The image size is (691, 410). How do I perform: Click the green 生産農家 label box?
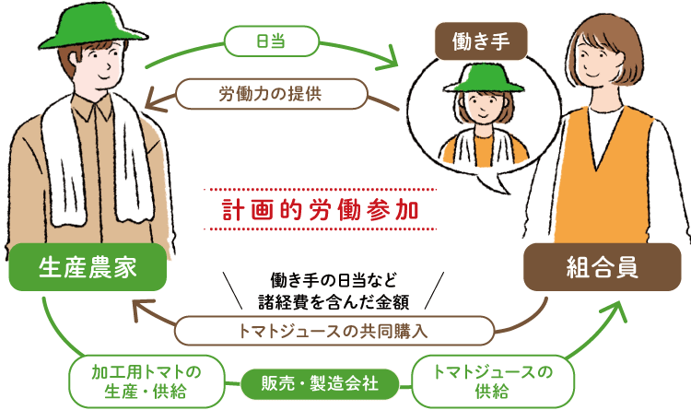(x=88, y=267)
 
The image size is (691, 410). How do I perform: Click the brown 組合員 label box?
(x=602, y=268)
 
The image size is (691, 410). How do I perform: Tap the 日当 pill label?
(x=272, y=41)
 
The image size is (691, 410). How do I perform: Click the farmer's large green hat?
(x=89, y=28)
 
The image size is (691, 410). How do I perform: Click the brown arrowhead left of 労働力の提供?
(x=158, y=95)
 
